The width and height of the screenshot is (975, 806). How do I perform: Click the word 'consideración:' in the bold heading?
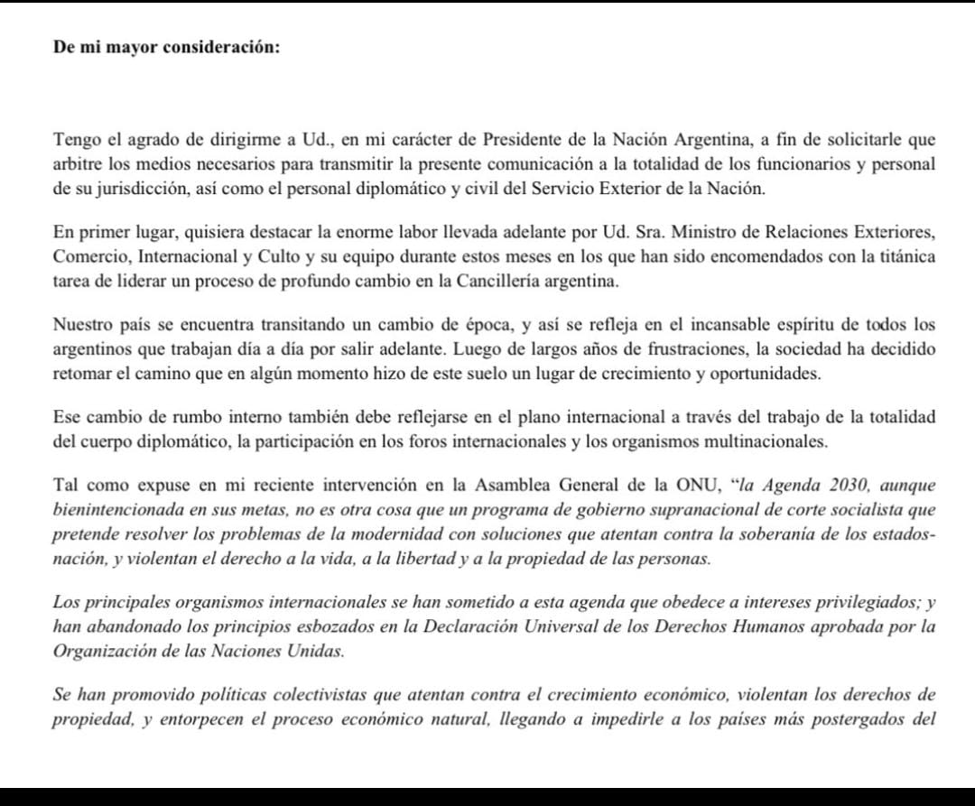(221, 48)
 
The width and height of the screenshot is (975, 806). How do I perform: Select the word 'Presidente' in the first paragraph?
(522, 140)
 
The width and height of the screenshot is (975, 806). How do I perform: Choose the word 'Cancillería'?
(486, 280)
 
